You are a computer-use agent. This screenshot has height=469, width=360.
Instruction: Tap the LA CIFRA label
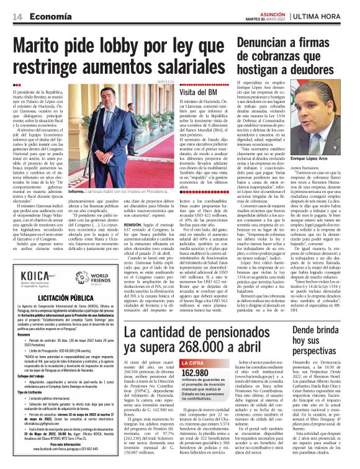point(193,362)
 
